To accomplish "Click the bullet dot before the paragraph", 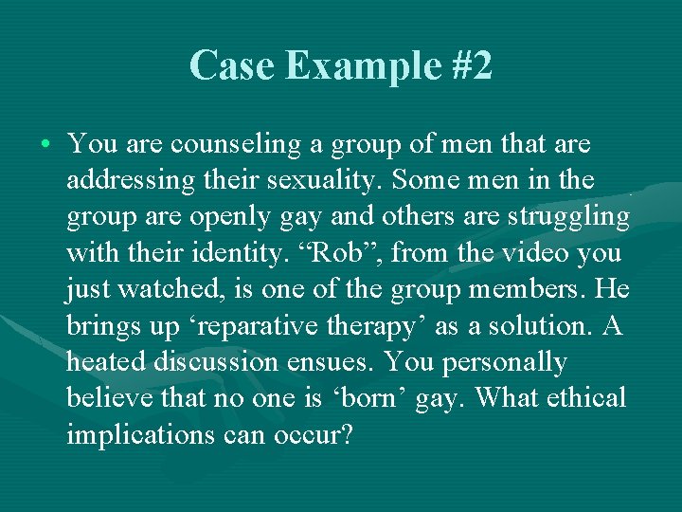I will point(46,145).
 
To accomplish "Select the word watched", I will point(170,289).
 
